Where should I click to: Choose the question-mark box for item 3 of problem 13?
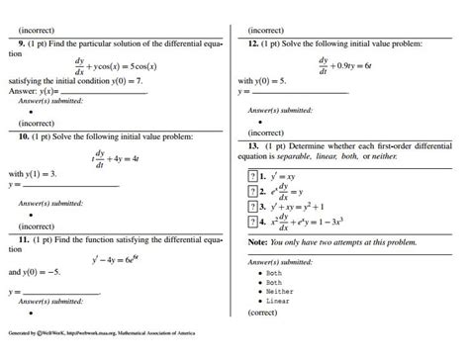coord(252,208)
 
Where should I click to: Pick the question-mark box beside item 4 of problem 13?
coord(252,224)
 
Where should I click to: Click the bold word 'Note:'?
coord(255,241)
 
